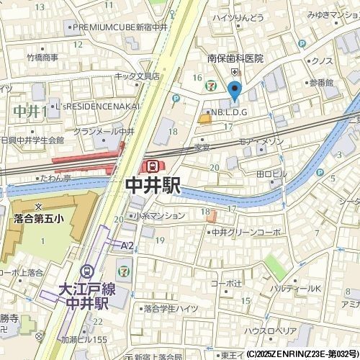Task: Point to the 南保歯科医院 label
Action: (x=235, y=58)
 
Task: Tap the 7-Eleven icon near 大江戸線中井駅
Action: (x=125, y=270)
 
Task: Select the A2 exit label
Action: (x=127, y=246)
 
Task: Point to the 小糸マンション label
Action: (x=158, y=215)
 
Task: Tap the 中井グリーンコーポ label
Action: (x=246, y=233)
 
